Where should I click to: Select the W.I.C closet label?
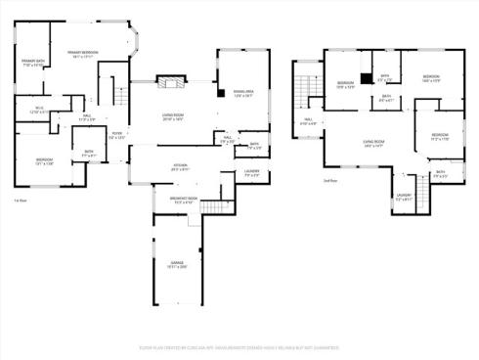[39, 111]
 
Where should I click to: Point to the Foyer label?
[116, 135]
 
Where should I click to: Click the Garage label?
[178, 264]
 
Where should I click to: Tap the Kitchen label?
[180, 167]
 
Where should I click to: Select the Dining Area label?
[241, 93]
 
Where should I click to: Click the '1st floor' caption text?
[20, 200]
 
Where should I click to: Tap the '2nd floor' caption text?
[329, 181]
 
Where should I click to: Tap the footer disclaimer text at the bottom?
[239, 346]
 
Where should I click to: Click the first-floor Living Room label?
[175, 116]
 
